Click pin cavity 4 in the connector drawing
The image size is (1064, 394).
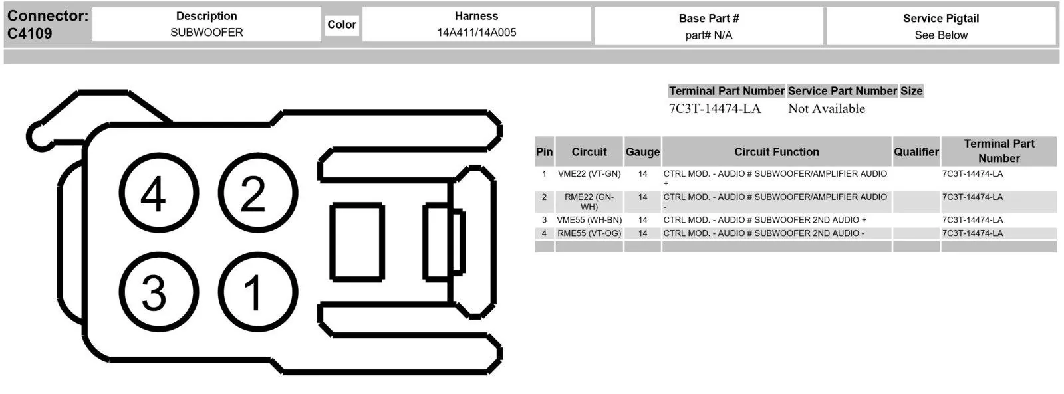159,193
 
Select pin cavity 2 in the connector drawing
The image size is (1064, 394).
258,193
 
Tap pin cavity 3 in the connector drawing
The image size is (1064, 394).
159,292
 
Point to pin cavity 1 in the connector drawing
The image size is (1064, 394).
258,292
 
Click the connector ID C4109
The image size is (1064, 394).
29,33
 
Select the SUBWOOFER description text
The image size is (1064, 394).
207,33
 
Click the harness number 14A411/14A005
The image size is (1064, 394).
476,33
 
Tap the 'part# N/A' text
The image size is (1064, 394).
709,35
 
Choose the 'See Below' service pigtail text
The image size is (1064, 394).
941,35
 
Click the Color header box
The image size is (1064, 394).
342,24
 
